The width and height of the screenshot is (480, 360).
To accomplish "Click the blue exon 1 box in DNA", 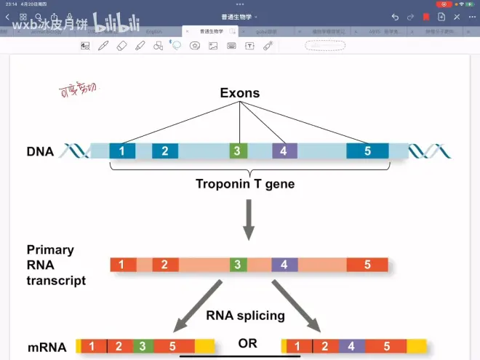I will [122, 151].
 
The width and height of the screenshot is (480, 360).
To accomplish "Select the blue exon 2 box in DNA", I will [165, 151].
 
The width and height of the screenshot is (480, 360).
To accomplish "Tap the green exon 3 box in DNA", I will [236, 151].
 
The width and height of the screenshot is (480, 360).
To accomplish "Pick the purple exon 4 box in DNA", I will [284, 151].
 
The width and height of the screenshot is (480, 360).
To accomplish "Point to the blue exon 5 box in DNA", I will [367, 151].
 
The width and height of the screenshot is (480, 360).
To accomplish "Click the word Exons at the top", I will [240, 94].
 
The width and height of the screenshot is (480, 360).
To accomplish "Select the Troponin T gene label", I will [245, 184].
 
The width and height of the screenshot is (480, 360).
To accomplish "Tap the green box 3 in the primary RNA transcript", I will [236, 265].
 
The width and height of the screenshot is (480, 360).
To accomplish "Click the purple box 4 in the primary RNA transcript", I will [284, 265].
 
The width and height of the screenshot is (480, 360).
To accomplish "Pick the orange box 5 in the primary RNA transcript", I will [367, 265].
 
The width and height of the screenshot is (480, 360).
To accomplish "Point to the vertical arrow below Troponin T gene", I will [249, 220].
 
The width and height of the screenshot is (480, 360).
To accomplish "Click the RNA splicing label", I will [244, 316].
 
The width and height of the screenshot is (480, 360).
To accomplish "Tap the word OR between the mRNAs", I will [247, 343].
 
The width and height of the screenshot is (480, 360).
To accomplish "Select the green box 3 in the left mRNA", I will [142, 346].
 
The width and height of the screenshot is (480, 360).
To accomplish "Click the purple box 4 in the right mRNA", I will [351, 346].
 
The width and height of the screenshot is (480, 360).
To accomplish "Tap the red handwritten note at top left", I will [77, 90].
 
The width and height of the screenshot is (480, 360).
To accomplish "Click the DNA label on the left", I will [40, 152].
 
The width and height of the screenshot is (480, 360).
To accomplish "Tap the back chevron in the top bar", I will [8, 17].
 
